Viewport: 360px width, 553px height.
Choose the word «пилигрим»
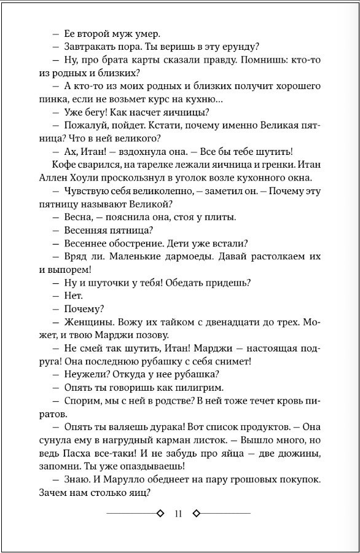[202, 387]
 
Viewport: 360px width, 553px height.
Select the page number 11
[179, 514]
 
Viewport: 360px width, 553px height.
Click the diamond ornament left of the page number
[160, 514]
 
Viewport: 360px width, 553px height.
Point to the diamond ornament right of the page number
[197, 514]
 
